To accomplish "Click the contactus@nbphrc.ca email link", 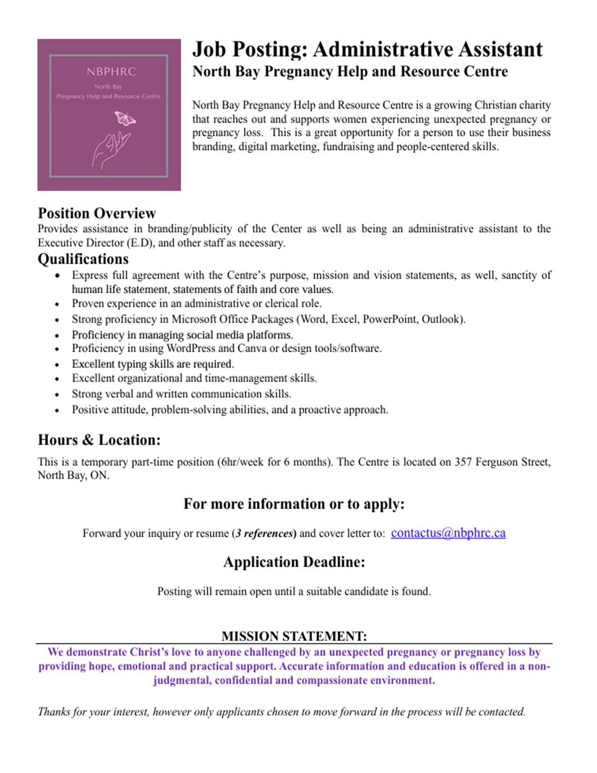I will tap(448, 533).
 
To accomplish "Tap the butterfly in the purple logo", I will tap(125, 118).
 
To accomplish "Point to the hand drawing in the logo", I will tap(110, 149).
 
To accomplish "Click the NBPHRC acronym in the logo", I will tap(111, 72).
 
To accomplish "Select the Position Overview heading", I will tap(96, 213).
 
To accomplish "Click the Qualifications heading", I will tap(83, 259).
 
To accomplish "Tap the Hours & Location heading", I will tap(99, 440).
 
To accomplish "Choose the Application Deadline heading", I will tap(294, 562).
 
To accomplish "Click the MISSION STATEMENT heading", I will tap(294, 636).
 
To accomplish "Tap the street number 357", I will tap(463, 462).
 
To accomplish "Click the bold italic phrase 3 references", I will tap(265, 534).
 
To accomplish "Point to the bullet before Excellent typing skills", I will tap(57, 365).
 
